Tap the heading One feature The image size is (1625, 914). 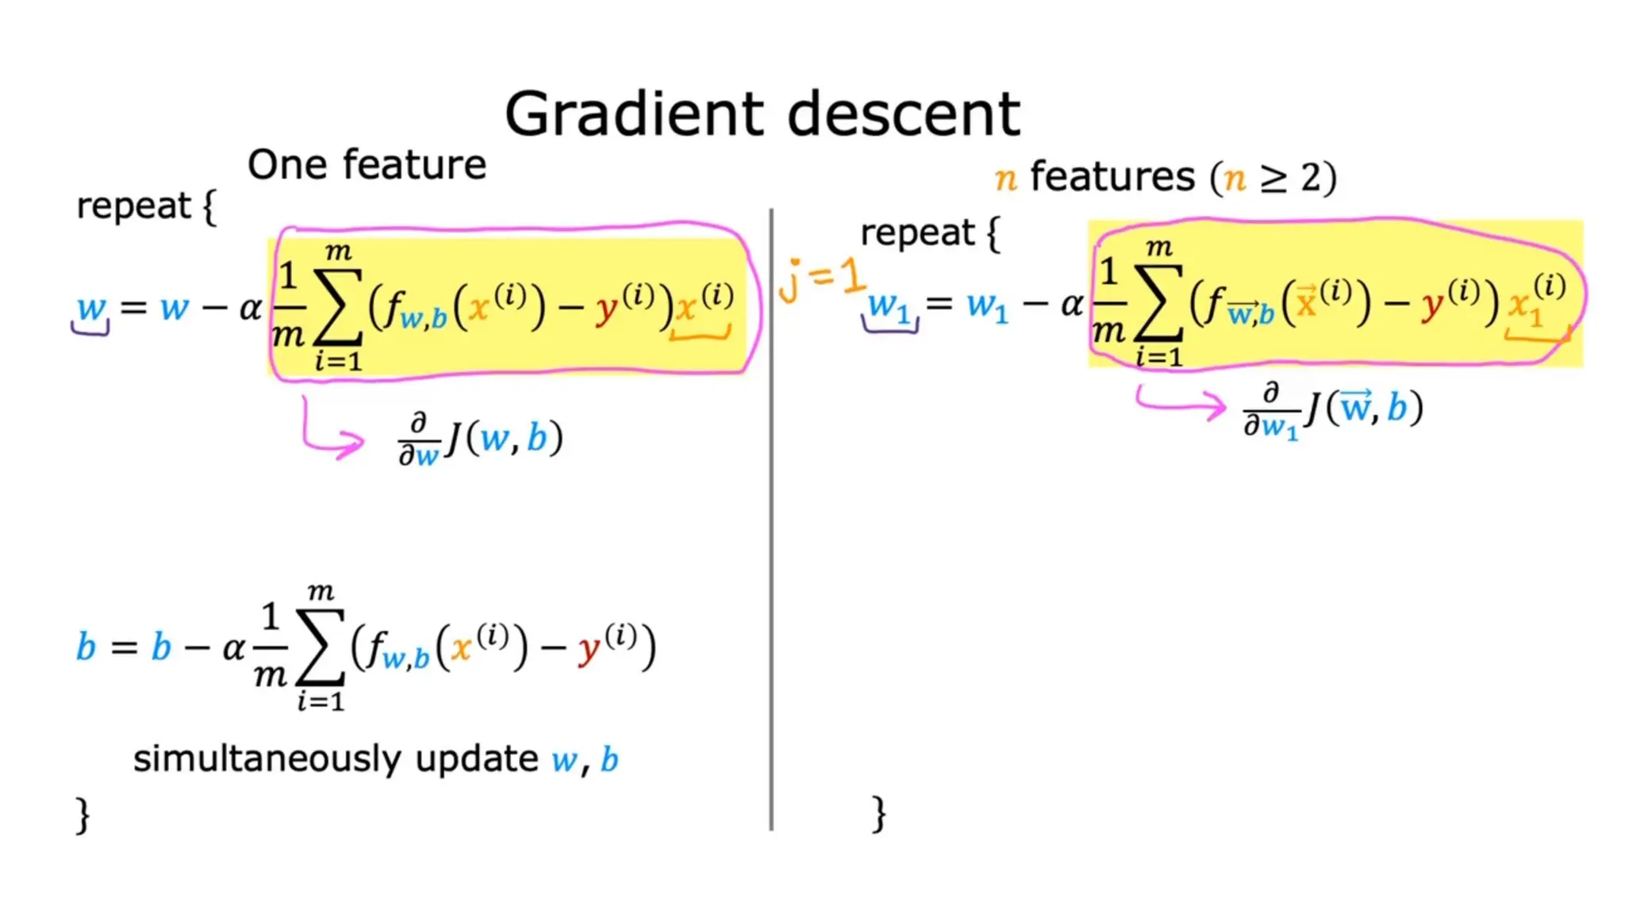367,165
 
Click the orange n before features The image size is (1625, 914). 1005,178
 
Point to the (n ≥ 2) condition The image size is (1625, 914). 1273,178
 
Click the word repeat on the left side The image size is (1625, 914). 133,206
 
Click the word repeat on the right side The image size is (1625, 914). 917,233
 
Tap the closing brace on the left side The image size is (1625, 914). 83,815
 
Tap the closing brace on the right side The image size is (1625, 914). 878,814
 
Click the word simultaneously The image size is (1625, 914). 268,759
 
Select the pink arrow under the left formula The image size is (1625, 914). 329,432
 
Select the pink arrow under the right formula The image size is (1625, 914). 1182,402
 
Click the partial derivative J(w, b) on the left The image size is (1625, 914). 481,439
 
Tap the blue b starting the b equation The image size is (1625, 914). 86,647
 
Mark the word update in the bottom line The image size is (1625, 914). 477,759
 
